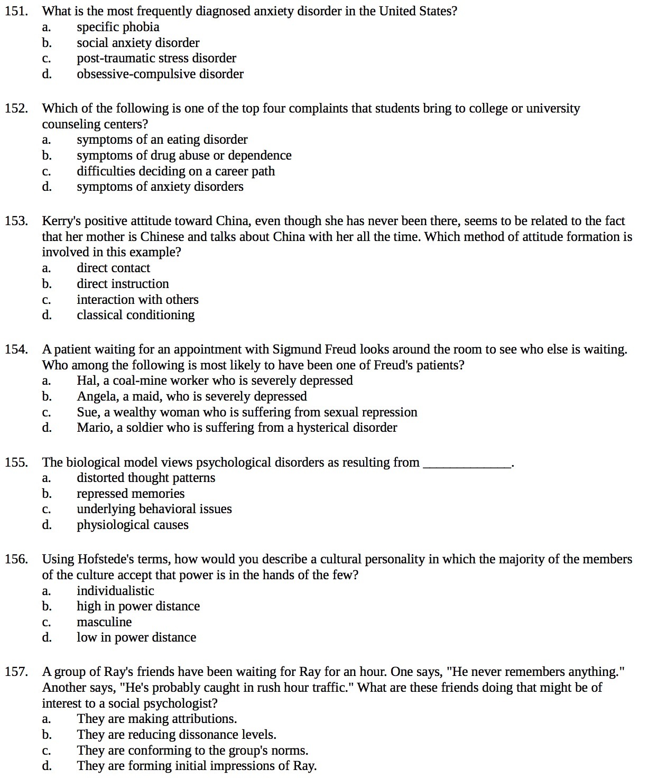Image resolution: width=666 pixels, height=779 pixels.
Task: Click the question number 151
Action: click(x=16, y=11)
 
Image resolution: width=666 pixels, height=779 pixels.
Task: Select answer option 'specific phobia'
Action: click(x=118, y=27)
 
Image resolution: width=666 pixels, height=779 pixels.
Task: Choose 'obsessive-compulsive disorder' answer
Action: click(x=160, y=74)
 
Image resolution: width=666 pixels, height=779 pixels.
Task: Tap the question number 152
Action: click(x=16, y=109)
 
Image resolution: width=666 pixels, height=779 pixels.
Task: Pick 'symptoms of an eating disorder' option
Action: click(x=162, y=140)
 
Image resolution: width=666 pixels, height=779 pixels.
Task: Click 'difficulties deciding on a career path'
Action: click(x=175, y=171)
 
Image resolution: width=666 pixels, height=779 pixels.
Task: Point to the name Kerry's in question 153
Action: click(x=61, y=221)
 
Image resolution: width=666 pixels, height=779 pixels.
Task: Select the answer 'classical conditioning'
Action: click(x=135, y=315)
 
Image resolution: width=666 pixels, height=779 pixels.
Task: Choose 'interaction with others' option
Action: click(x=137, y=300)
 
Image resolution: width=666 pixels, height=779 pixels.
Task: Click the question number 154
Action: click(x=16, y=349)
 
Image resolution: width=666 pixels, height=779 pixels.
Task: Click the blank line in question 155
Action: click(x=468, y=463)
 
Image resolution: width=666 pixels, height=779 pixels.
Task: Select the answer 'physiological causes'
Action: click(x=132, y=525)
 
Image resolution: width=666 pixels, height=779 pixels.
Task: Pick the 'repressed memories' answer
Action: click(x=131, y=494)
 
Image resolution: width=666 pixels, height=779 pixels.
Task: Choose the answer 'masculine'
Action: click(x=104, y=622)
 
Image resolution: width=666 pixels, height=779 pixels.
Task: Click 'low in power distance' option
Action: click(x=136, y=637)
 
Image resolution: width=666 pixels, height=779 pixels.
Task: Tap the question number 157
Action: click(x=16, y=672)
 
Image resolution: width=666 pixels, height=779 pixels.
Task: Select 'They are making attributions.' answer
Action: click(x=156, y=719)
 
